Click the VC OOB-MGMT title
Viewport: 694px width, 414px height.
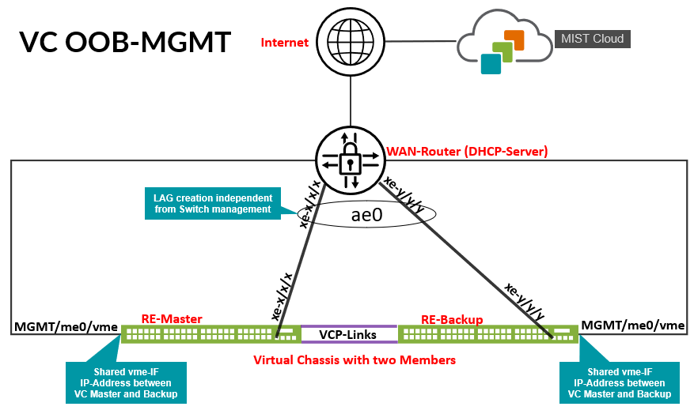coord(125,42)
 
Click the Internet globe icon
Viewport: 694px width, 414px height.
coord(349,42)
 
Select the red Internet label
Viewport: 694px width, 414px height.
coord(284,43)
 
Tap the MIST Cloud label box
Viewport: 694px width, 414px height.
coord(593,39)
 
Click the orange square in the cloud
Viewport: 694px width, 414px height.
coord(514,40)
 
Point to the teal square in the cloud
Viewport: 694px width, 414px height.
coord(491,63)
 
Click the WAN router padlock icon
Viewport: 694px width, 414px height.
coord(349,160)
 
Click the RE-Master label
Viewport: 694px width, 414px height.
coord(172,319)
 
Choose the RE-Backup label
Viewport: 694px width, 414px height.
coord(452,319)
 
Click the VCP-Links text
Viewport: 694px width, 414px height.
coord(348,335)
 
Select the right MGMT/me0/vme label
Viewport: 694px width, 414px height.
coord(633,325)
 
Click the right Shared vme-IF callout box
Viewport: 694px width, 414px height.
coord(620,382)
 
